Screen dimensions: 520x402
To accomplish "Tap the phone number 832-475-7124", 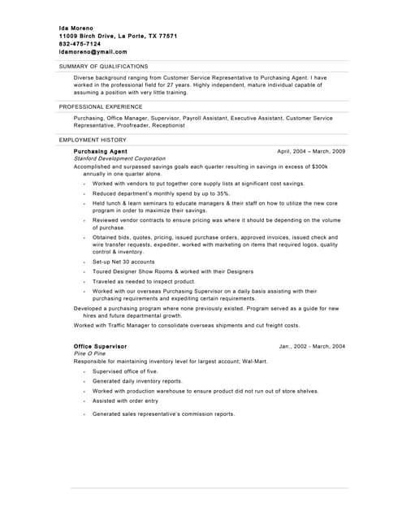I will (86, 44).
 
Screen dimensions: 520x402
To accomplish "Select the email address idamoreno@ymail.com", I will (93, 51).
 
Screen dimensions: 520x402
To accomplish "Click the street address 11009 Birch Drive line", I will (119, 37).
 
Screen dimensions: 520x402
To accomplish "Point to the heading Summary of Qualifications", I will (103, 67).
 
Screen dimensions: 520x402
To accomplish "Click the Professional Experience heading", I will (101, 106).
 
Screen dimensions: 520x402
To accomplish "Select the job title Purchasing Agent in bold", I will (100, 151).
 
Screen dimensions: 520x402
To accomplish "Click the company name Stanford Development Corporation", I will (119, 158).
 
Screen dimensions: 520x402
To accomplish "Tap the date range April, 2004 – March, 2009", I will (311, 151).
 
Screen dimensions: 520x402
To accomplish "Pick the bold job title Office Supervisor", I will (100, 346).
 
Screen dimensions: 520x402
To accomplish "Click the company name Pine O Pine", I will (89, 353).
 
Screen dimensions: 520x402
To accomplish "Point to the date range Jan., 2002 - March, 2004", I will (312, 346).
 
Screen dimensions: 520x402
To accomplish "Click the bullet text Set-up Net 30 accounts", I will (123, 262).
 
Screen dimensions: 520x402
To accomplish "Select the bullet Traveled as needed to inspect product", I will (144, 281).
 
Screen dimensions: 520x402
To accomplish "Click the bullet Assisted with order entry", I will (125, 401).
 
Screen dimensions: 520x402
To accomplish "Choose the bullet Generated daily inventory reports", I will (137, 381).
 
